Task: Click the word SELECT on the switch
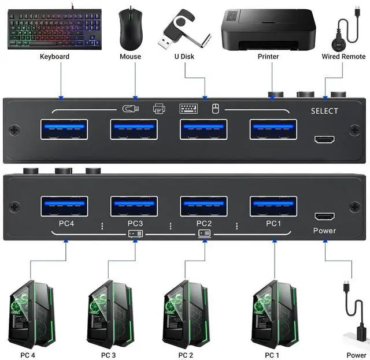tap(324, 111)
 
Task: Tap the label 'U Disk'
tap(184, 57)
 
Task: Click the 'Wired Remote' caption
tap(343, 57)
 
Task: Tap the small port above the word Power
tap(324, 217)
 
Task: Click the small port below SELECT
tap(324, 139)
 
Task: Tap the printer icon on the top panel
tap(159, 108)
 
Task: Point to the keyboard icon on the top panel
tap(188, 108)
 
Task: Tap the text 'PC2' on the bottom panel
tap(204, 223)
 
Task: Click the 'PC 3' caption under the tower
tap(109, 355)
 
